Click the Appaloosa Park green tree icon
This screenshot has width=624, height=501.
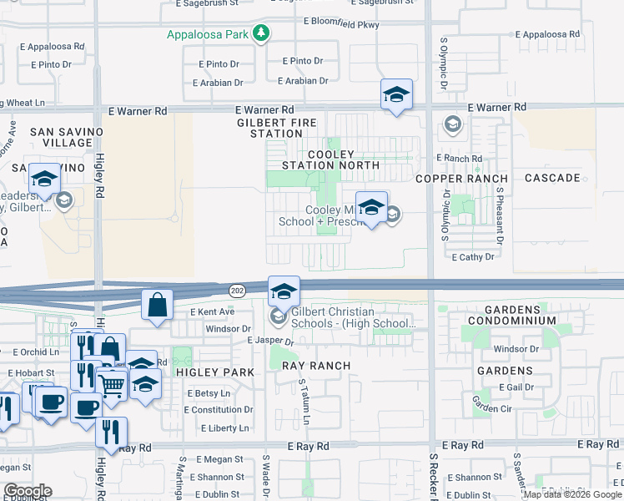(262, 33)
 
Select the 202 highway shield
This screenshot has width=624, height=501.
(237, 289)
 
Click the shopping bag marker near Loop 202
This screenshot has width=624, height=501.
(158, 306)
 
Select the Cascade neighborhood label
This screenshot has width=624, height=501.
(552, 178)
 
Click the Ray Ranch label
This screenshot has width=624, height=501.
(316, 366)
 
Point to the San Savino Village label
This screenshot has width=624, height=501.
(67, 138)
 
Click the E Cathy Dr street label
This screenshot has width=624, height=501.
(473, 257)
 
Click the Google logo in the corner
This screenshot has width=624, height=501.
(28, 491)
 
